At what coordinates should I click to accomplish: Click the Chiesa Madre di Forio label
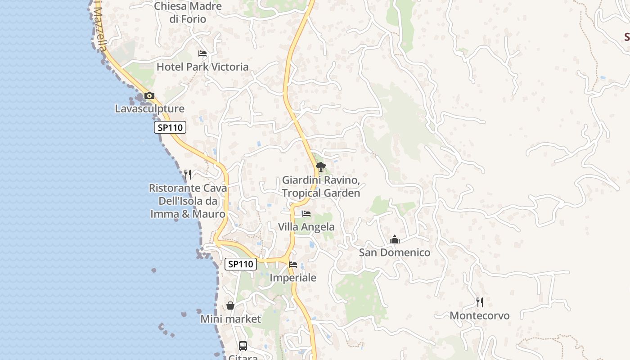188,13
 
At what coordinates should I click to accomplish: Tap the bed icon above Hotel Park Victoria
202,54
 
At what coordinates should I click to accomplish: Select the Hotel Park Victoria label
202,67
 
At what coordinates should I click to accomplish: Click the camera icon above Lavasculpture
149,96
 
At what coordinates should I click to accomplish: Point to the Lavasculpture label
149,109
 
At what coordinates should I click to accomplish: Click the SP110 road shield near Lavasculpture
170,128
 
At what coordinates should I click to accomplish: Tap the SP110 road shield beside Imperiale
241,264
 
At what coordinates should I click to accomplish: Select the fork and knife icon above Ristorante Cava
188,174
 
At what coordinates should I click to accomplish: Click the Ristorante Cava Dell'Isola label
188,201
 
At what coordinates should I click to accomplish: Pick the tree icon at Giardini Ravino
320,167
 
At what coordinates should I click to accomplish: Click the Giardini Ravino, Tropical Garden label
321,187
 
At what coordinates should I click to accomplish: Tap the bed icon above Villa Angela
306,214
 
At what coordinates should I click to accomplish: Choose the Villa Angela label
306,227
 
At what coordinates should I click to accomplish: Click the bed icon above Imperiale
293,265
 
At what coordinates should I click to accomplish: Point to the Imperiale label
293,278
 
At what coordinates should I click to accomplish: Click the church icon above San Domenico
395,239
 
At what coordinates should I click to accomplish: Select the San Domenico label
395,253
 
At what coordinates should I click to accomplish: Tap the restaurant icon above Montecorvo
480,302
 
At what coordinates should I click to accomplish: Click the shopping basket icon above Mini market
230,306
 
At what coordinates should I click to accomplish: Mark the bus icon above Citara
243,346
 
